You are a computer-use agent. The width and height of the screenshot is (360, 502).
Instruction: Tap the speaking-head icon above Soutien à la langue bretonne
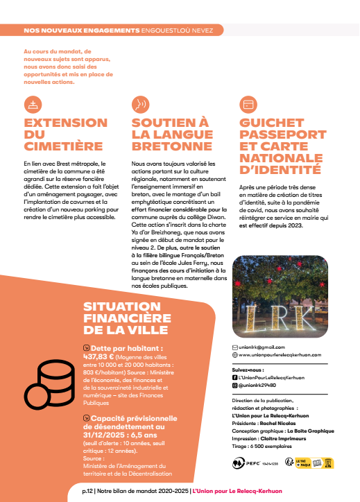[x=140, y=105]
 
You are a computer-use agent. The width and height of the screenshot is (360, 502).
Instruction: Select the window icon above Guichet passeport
[x=248, y=105]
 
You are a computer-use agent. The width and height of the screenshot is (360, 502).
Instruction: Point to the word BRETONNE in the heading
[x=172, y=146]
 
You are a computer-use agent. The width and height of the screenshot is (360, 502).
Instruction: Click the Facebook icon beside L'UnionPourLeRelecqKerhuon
[x=234, y=377]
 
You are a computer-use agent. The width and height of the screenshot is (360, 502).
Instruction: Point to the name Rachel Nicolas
[x=280, y=422]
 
